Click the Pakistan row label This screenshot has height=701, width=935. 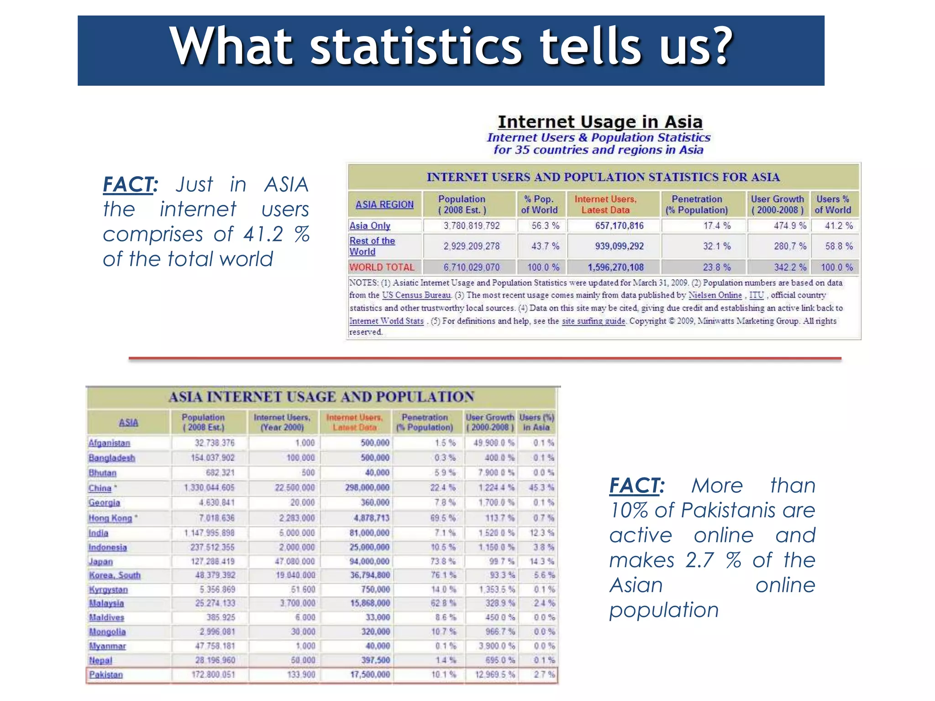(106, 675)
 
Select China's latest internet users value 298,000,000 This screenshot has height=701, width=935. (368, 487)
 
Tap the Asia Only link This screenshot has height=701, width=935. (370, 225)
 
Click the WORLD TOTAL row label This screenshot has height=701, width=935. (382, 267)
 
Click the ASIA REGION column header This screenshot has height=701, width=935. (384, 204)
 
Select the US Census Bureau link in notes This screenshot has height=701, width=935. (416, 295)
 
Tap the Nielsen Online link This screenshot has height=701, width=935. (715, 295)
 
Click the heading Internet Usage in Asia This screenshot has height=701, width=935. (600, 122)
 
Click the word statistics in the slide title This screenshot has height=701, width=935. (415, 47)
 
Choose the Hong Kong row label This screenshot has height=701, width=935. (110, 518)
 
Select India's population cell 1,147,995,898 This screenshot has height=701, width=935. (210, 533)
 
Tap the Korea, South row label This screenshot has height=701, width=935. (115, 575)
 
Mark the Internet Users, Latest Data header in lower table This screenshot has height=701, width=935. (355, 422)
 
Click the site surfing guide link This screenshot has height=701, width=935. (593, 321)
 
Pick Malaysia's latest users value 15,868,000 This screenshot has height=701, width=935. (370, 603)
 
